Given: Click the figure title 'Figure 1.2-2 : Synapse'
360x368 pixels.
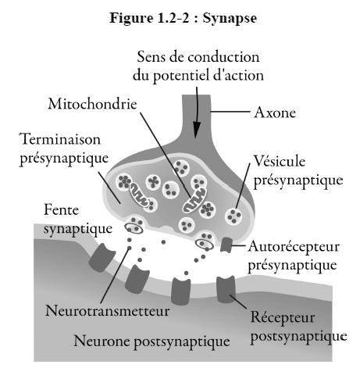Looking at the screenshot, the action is point(183,18).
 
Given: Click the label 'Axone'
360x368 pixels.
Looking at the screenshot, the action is point(275,113).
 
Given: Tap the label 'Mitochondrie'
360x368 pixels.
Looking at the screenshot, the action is point(92,104).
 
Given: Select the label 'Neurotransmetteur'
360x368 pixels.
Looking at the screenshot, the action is point(107,311).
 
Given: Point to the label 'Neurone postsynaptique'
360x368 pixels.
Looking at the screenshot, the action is point(151,341).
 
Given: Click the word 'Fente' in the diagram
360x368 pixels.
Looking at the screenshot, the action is point(61,209).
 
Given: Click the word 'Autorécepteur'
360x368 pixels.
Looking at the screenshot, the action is point(294,247).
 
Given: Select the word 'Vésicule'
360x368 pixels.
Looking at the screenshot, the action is point(280,161).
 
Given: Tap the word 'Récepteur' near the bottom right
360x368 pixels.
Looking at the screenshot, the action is point(283,318).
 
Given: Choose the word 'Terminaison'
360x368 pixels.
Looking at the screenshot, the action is point(60,139).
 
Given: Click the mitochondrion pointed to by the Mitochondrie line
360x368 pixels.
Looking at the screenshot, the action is point(194,200).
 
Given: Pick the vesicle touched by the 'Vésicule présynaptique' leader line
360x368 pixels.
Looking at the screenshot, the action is point(233,216).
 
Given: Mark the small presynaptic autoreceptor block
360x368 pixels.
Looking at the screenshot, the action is point(226,245).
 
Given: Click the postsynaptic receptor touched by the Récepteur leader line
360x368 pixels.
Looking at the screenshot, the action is point(226,289).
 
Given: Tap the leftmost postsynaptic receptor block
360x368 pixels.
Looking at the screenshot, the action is point(102,258).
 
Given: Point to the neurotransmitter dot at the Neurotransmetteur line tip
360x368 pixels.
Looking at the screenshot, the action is point(129,248).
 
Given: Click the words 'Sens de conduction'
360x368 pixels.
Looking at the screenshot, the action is point(198,57).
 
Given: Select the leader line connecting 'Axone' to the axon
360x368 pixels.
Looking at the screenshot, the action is point(230,112).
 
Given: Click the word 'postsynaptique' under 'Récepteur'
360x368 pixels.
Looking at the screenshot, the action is point(299,337).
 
